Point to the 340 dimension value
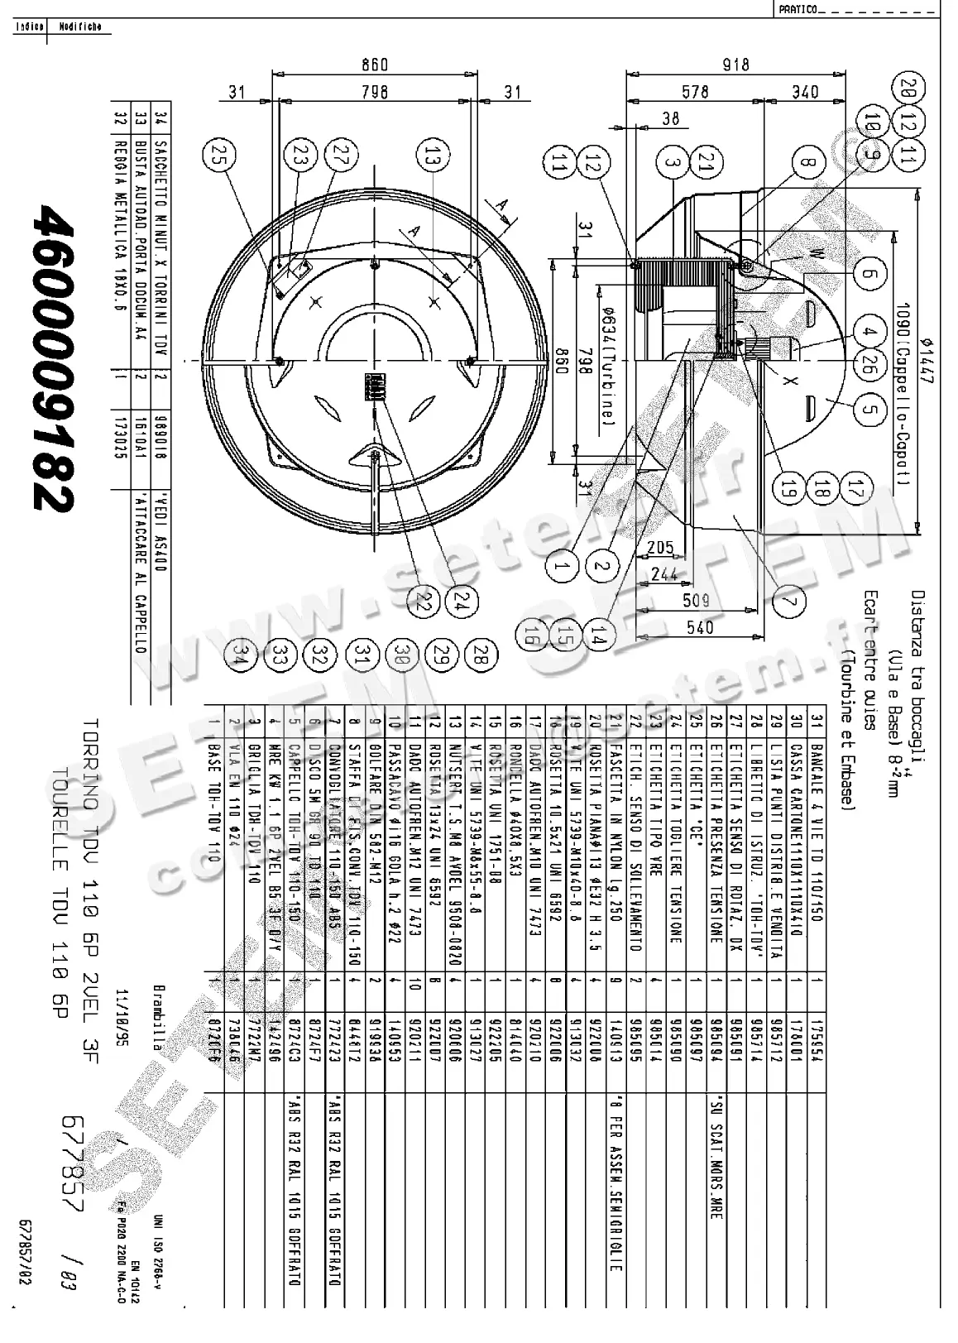[804, 92]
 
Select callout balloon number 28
[481, 655]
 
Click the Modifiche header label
[79, 26]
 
